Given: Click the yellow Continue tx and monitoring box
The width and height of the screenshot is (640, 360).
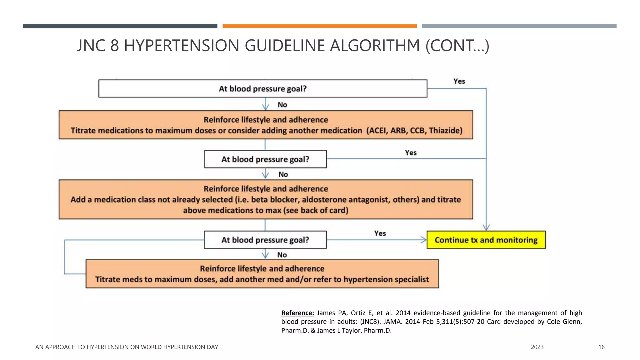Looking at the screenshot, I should coord(486,240).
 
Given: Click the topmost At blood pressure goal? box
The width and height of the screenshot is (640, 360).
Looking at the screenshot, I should coord(262,89).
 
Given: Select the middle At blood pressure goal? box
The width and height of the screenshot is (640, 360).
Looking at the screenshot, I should coord(265,159).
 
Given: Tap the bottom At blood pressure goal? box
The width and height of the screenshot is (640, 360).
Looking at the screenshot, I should coord(265,240).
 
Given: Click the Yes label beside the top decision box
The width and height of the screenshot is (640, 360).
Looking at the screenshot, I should coord(459,81).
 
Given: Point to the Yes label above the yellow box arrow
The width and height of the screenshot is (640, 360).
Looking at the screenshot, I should coord(380,233).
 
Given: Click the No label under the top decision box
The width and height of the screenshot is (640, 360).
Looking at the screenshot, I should coord(282,105).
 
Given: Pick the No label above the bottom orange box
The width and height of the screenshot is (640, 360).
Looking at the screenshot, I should coord(282,255).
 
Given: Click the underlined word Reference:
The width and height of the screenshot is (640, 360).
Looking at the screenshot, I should coord(297,313).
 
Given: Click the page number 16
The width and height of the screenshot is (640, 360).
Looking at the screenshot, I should coord(601,347).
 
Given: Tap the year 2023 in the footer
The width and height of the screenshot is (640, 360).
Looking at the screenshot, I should coord(537,347).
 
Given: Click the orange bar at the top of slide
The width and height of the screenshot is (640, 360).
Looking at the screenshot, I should coord(319,26).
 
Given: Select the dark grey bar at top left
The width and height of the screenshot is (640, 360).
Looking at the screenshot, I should coord(120,26).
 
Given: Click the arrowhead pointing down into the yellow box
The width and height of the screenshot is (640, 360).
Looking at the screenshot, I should coord(486,227).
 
